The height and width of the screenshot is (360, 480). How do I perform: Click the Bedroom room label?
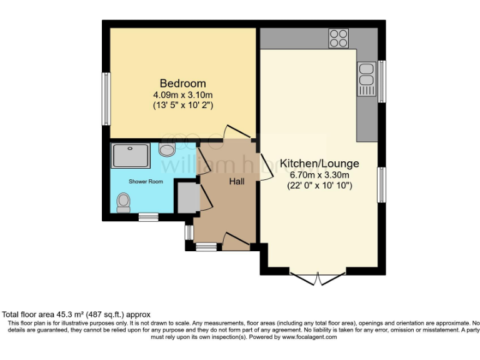(x=182, y=83)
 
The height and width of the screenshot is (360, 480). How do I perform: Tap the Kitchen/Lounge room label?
(x=319, y=164)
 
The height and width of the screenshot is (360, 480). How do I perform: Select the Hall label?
(x=236, y=181)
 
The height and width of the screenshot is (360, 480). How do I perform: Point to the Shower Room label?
(x=146, y=181)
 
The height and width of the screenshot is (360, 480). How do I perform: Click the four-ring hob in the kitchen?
(x=339, y=38)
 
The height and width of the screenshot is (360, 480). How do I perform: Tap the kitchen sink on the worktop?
(x=366, y=79)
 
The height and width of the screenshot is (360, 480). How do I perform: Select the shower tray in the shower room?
(x=131, y=156)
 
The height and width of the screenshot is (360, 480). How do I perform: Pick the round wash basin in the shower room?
(x=167, y=149)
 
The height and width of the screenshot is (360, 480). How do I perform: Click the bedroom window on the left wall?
(x=106, y=99)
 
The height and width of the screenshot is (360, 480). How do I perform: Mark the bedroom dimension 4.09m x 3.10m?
(x=182, y=95)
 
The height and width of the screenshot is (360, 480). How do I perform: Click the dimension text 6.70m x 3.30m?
(x=319, y=175)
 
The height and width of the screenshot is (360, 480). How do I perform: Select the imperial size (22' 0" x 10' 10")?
(x=319, y=186)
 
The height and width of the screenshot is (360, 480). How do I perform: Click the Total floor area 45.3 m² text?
(x=76, y=314)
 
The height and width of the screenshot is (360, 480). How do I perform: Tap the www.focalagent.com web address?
(x=309, y=337)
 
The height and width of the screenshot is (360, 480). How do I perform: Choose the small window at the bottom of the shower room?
(x=148, y=216)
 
